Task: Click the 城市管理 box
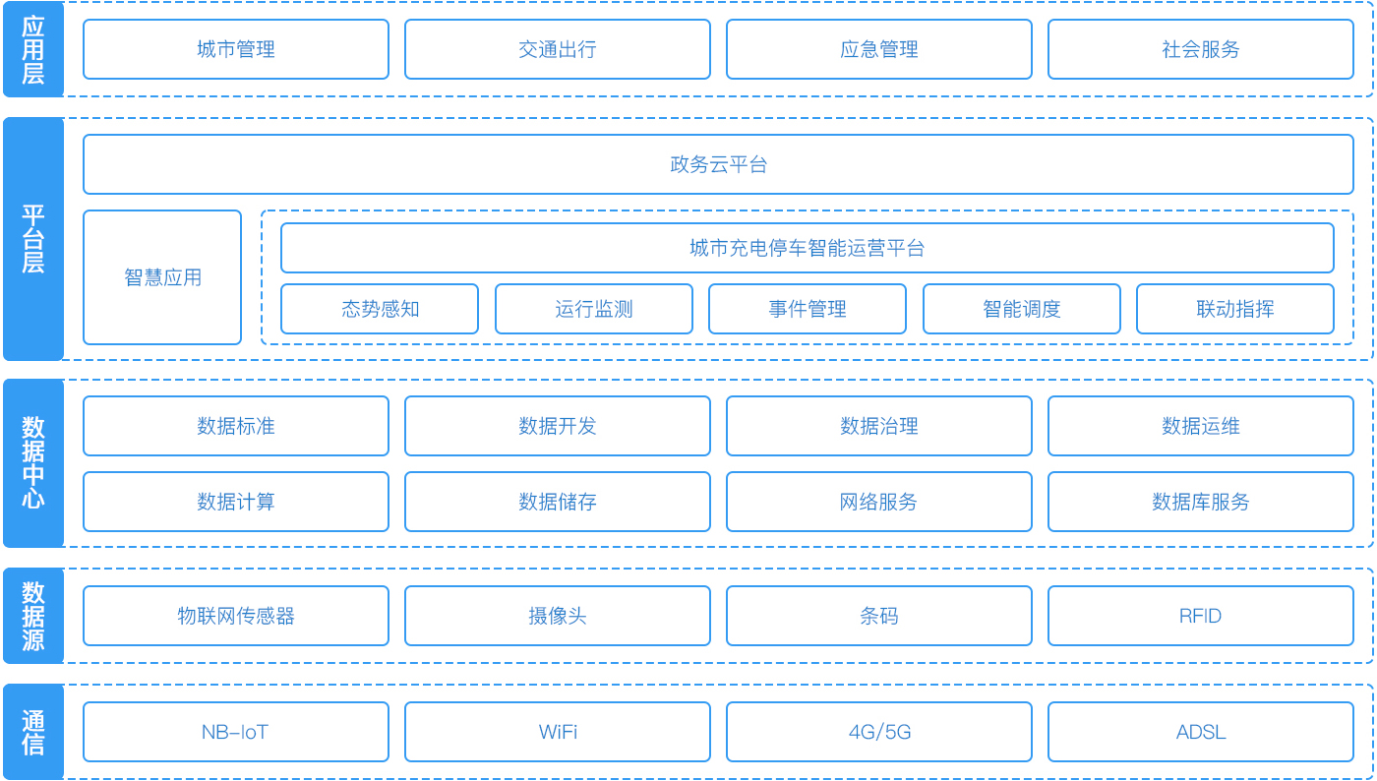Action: click(235, 49)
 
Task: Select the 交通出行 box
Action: click(557, 49)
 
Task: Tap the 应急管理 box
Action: click(878, 49)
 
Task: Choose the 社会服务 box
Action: click(1200, 49)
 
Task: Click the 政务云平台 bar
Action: click(718, 164)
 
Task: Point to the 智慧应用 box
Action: click(162, 277)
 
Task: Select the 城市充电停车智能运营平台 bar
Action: click(807, 248)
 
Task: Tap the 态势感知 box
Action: click(380, 309)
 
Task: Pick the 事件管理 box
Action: click(807, 309)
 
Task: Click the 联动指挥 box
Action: click(1234, 309)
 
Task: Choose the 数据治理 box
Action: click(878, 426)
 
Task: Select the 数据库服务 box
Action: click(1200, 502)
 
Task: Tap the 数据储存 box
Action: click(557, 502)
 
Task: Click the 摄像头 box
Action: click(557, 616)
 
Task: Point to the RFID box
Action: click(1200, 616)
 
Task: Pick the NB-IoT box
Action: click(235, 732)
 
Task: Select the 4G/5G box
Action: click(878, 732)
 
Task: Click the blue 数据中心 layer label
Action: click(33, 462)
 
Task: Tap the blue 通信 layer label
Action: click(33, 732)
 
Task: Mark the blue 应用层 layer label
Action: click(33, 49)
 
